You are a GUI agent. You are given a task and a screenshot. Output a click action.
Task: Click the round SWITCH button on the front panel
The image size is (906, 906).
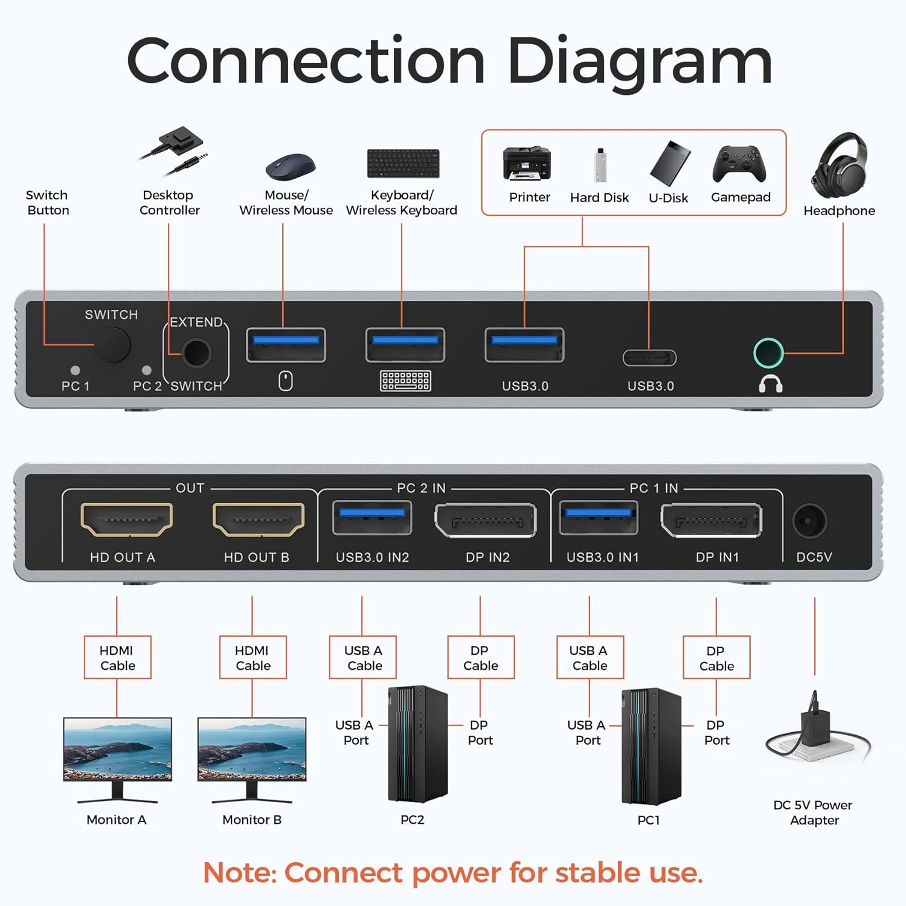112,345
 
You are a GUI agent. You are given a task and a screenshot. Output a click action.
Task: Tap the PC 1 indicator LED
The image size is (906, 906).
75,370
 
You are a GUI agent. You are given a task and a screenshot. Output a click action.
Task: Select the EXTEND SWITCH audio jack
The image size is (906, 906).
196,353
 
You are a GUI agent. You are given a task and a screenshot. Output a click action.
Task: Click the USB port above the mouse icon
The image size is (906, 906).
286,345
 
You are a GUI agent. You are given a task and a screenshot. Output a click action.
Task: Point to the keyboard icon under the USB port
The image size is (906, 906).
405,381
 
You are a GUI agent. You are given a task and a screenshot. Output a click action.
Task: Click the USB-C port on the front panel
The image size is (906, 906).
649,358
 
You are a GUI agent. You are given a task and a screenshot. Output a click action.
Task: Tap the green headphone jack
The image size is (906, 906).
768,353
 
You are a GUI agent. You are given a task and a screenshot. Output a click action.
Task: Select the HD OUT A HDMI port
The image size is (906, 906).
126,519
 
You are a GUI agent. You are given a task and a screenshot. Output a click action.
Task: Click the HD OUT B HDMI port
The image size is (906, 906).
259,519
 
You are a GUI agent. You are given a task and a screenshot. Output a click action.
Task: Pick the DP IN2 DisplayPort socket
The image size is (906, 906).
486,520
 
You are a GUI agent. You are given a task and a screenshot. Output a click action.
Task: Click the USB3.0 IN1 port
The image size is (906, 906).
598,518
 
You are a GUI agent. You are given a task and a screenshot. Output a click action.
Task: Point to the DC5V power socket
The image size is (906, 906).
809,520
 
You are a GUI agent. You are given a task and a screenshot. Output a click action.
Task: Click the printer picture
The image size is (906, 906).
527,163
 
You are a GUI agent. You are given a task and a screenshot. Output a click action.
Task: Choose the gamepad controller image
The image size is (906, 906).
739,164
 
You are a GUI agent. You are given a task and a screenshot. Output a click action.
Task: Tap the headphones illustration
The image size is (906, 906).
840,162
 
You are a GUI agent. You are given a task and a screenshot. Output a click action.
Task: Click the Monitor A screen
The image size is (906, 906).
117,749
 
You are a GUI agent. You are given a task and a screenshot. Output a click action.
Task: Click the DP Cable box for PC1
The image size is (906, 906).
716,658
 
